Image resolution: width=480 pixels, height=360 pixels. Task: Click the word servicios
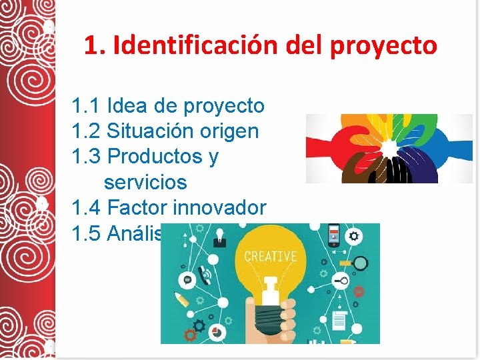tap(145, 182)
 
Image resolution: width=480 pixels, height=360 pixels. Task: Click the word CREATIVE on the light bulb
tap(270, 256)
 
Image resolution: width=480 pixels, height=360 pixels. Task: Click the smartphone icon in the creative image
tap(333, 235)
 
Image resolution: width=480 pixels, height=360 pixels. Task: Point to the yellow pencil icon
tap(181, 298)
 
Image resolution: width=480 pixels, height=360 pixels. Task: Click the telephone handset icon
tap(207, 274)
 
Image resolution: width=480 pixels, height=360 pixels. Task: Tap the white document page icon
tap(338, 321)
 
